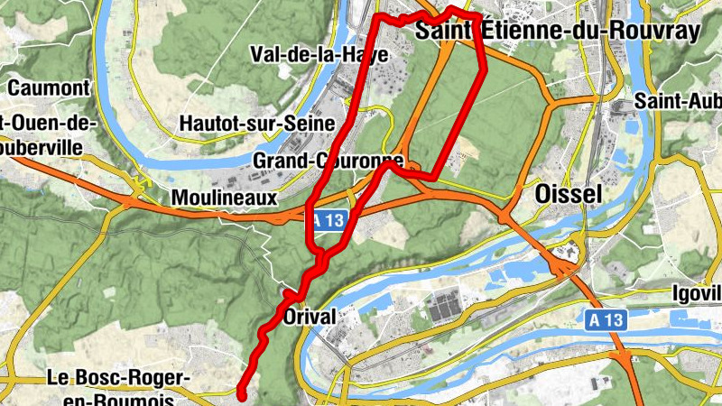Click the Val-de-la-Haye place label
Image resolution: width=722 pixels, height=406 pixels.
[x=320, y=54]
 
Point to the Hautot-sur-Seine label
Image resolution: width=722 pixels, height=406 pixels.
[x=256, y=123]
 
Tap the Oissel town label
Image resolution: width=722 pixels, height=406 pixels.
[x=561, y=194]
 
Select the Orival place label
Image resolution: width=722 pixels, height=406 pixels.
[x=310, y=317]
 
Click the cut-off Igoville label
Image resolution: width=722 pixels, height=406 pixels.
[x=698, y=293]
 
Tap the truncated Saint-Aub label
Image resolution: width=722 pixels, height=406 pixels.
[x=678, y=100]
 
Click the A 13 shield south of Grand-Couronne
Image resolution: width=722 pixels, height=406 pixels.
[x=329, y=221]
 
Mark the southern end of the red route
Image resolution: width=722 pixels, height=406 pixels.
[x=242, y=392]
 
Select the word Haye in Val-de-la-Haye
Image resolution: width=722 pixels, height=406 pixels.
[x=367, y=54]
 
